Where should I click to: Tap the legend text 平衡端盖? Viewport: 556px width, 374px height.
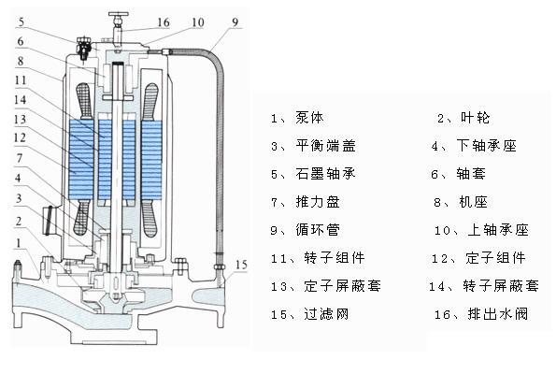(327, 147)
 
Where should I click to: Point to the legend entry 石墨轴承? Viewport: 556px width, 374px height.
(327, 174)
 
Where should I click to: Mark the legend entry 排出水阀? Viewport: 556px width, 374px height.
(495, 314)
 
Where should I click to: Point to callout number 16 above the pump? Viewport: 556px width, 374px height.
(164, 21)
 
